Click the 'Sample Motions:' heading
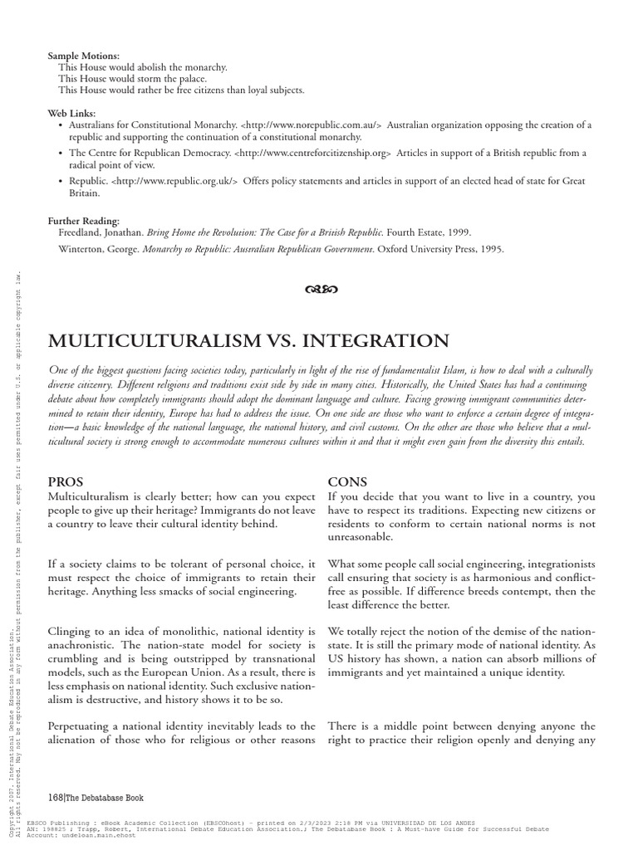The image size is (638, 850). (x=84, y=55)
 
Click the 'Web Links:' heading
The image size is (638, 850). (x=73, y=113)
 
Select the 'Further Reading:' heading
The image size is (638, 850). (x=84, y=222)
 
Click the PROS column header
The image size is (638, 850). (x=66, y=481)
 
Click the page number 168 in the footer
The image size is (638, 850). (x=56, y=798)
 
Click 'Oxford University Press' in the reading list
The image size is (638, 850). (x=418, y=248)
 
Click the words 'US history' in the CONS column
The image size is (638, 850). (x=355, y=658)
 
